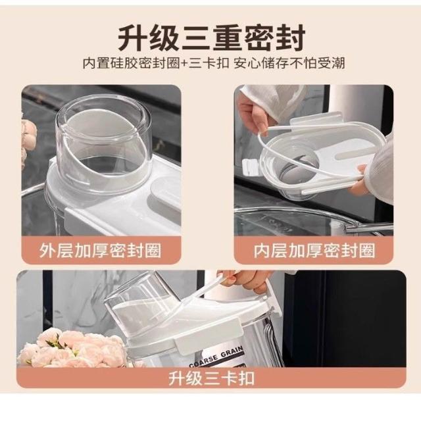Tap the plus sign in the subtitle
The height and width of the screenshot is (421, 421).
coord(184,64)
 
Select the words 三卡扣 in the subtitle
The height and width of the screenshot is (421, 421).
coord(209,64)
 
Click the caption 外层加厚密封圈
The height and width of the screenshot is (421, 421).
coord(100,251)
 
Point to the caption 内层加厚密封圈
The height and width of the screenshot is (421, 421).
coord(314,251)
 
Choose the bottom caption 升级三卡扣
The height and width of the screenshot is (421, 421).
coord(211,378)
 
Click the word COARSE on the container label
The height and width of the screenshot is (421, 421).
coord(203,360)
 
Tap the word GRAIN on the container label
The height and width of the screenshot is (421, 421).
coord(232,351)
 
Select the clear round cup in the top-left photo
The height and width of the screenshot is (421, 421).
coord(103,143)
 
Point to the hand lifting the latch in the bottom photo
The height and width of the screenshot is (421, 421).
coord(245,281)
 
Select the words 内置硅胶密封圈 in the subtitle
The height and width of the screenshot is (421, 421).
coord(132,64)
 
